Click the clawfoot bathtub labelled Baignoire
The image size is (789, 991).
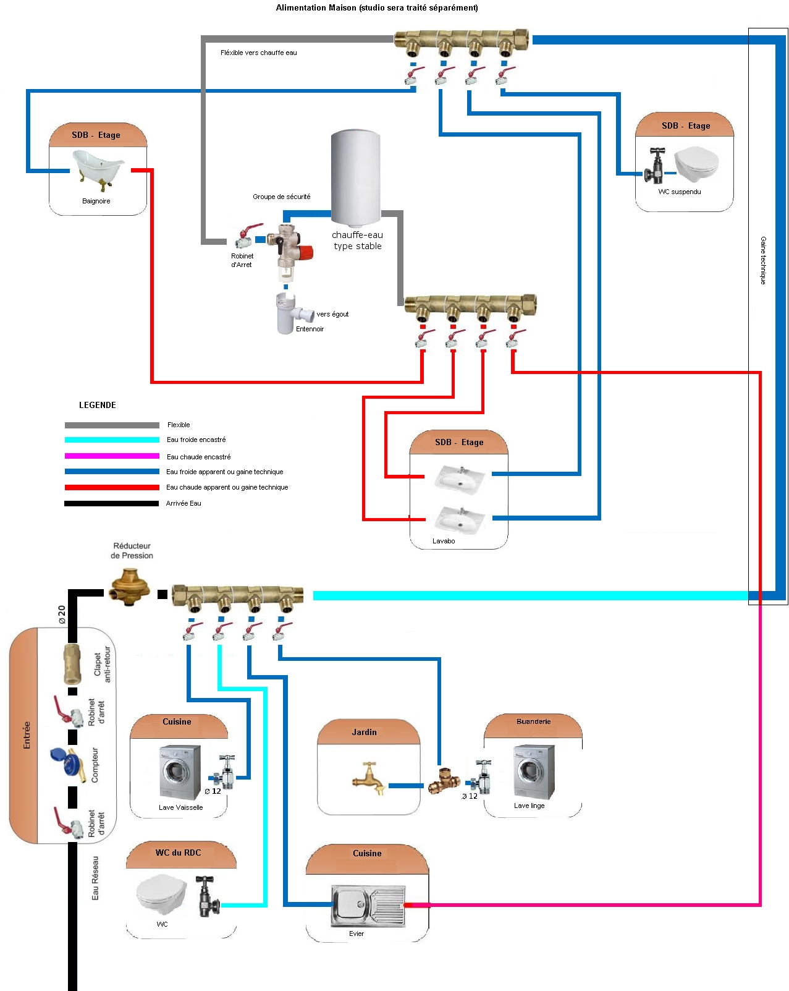98,169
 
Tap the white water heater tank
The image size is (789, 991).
355,177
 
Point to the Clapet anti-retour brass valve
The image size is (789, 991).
72,663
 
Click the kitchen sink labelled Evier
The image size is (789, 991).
368,905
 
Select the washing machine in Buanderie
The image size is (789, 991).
533,772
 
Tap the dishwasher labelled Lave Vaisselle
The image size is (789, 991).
180,772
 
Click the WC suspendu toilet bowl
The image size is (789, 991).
696,163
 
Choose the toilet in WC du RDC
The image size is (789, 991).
161,894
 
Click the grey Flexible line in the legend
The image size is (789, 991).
112,425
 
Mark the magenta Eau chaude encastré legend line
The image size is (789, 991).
112,456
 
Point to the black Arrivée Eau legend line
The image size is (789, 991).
112,503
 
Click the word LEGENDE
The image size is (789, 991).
98,405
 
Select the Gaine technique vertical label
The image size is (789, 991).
764,260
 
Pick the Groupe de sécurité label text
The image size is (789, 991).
281,197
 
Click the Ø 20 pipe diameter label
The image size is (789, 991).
61,615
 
